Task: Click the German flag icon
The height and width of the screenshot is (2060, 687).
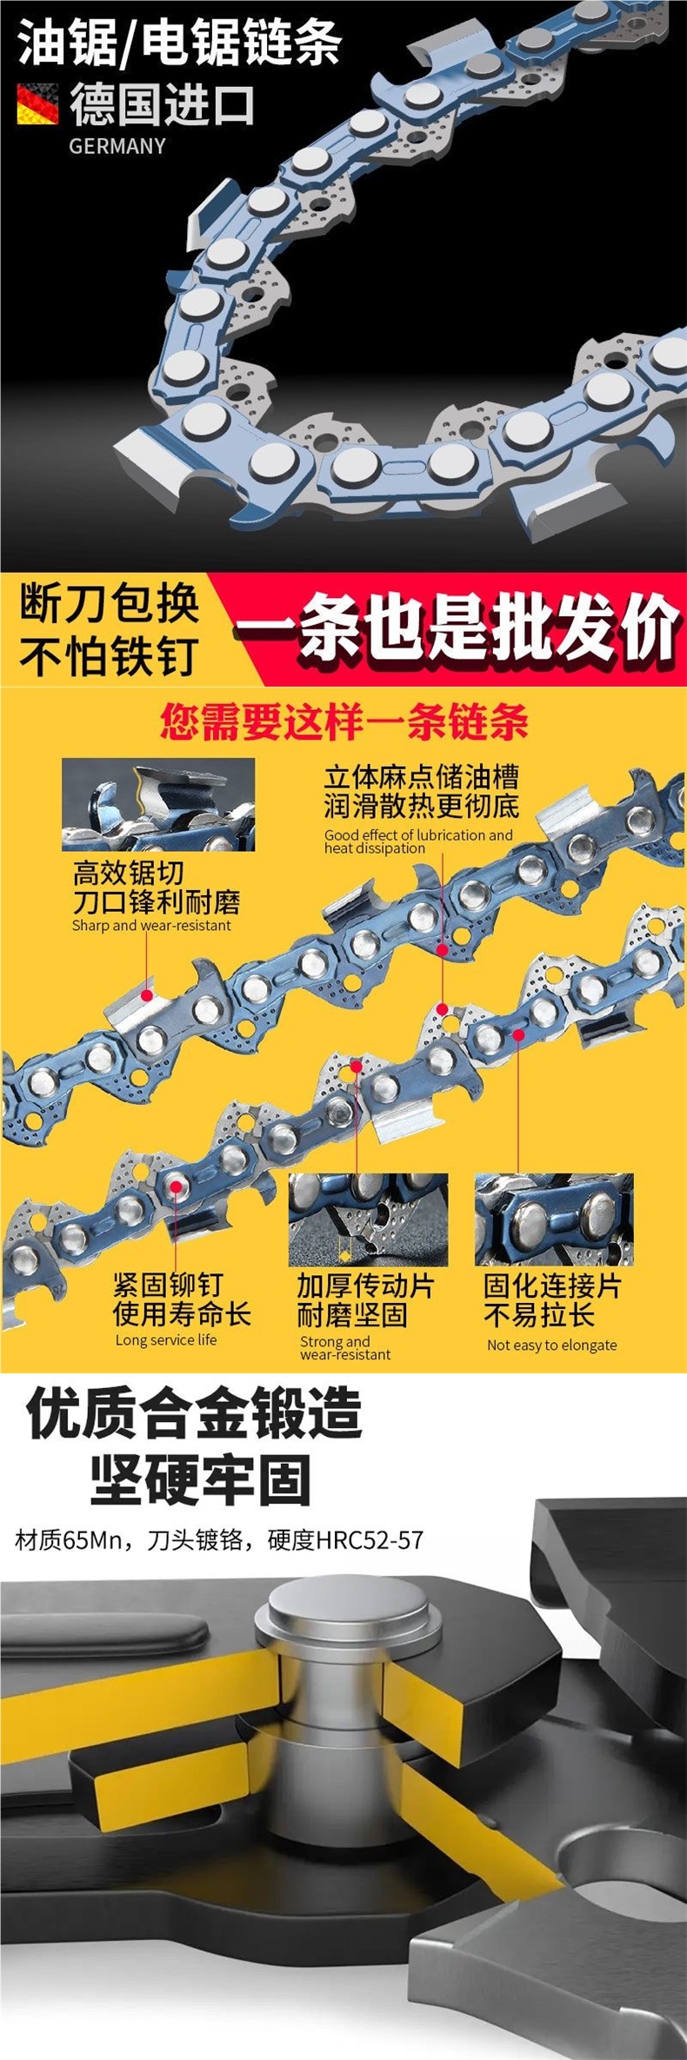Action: [x=37, y=103]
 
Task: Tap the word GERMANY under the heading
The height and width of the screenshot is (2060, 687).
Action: [x=117, y=146]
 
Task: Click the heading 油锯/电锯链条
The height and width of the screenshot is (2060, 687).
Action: [x=179, y=44]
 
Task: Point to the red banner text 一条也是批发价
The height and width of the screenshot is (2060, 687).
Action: [x=457, y=628]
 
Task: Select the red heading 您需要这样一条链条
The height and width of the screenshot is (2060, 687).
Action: [x=344, y=721]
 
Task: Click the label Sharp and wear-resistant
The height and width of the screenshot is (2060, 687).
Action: [x=151, y=925]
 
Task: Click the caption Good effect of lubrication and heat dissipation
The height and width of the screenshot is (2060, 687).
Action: [x=417, y=841]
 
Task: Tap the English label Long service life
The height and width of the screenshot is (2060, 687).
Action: [x=166, y=1339]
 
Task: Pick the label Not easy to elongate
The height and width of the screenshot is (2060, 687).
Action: [x=551, y=1345]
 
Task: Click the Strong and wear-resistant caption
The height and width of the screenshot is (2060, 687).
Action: [x=345, y=1347]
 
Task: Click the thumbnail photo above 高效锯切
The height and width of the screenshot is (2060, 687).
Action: [x=158, y=804]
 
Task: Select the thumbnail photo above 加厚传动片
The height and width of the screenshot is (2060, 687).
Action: [x=368, y=1219]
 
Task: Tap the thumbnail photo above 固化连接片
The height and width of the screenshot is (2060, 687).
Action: [x=554, y=1219]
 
